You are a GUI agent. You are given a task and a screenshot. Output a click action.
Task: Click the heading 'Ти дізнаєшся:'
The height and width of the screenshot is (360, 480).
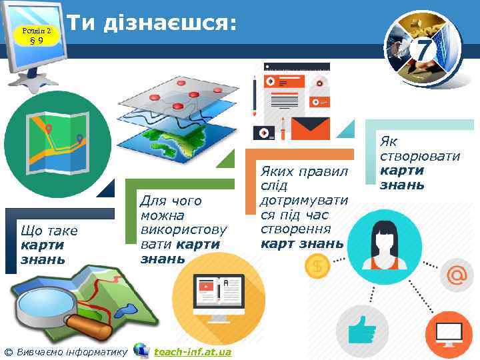(153, 24)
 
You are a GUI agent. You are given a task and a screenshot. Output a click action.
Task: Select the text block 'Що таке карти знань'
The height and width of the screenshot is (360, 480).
(49, 244)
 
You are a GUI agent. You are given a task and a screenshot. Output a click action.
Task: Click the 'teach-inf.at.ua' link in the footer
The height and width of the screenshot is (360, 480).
(192, 351)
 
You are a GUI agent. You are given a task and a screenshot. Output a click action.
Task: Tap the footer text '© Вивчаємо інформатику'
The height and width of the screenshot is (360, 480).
(65, 351)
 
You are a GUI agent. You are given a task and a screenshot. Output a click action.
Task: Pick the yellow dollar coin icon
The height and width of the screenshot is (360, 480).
(315, 267)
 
